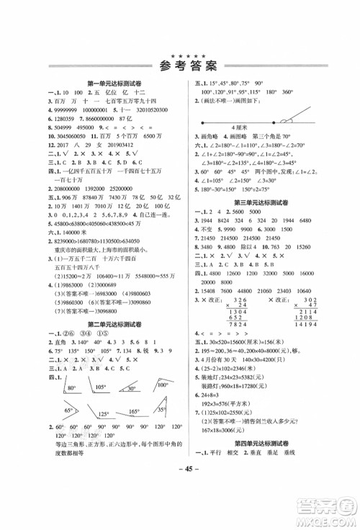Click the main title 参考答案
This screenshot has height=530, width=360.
180,68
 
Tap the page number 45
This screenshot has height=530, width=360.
180,502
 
